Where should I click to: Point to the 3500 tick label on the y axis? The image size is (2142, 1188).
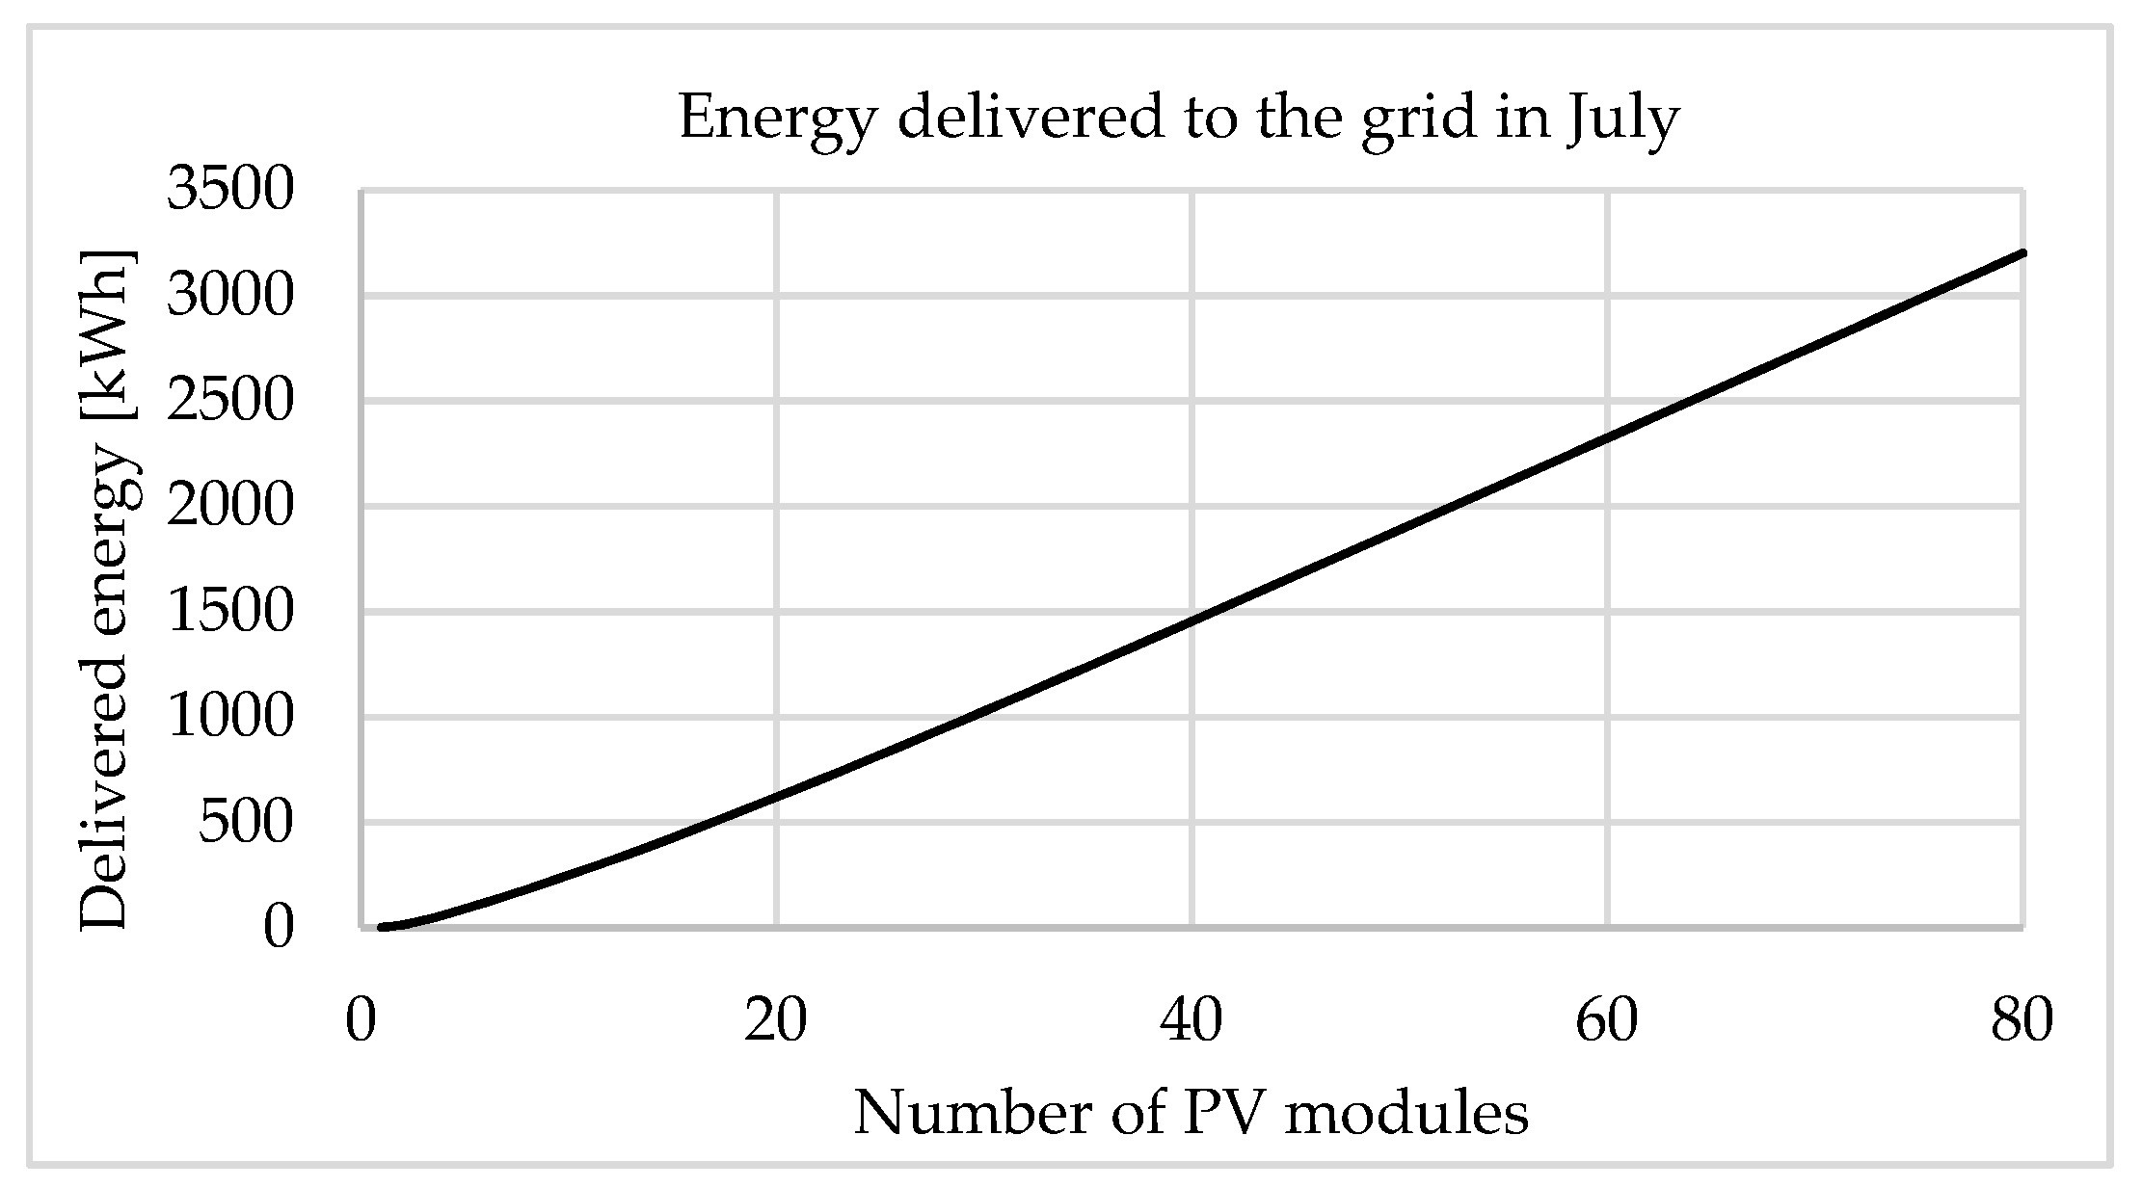coord(229,189)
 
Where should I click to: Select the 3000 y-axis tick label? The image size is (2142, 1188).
coord(229,295)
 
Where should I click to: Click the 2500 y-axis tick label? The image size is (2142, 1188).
coord(229,401)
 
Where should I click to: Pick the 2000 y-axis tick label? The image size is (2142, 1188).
coord(229,506)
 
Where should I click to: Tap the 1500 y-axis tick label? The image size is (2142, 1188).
coord(229,612)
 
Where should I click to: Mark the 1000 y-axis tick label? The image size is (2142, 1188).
coord(229,717)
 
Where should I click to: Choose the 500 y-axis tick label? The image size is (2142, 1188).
coord(245,823)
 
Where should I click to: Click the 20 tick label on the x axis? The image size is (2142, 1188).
coord(775,1021)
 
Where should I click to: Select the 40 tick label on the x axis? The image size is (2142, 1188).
coord(1191,1021)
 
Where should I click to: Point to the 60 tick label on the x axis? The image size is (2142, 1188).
coord(1607,1021)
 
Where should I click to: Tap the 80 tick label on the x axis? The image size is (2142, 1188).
coord(2022,1021)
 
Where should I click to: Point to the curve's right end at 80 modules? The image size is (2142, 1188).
coord(2022,253)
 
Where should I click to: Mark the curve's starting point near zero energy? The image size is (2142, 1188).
coord(383,927)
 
